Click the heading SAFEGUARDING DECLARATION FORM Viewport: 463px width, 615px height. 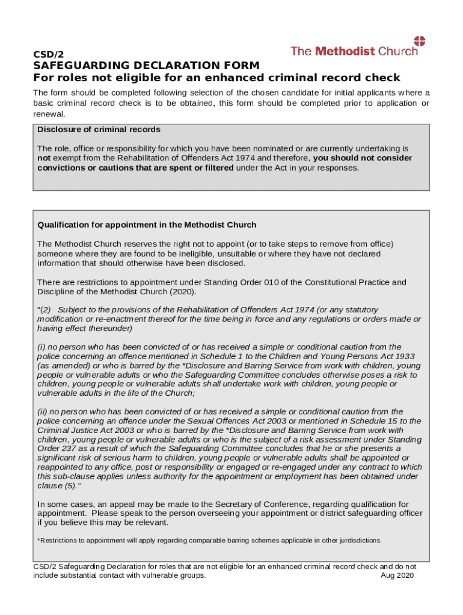[x=146, y=65]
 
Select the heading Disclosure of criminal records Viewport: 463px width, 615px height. [x=99, y=130]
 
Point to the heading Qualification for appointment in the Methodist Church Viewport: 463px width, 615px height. [x=147, y=225]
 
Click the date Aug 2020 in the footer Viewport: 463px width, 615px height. [x=398, y=575]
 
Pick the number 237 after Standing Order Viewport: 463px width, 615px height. [x=66, y=449]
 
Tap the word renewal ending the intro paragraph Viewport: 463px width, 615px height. [x=49, y=114]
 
